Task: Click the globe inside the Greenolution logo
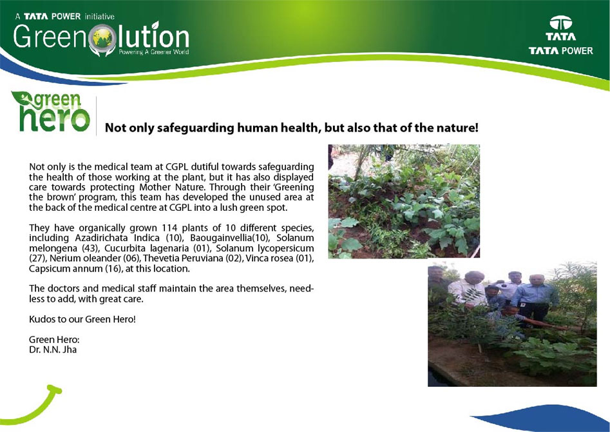pos(102,38)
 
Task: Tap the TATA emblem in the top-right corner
pos(560,23)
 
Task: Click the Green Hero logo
pos(51,112)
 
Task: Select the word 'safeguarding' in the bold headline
pos(195,128)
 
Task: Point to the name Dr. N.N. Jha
pos(53,349)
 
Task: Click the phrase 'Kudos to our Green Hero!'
pos(82,319)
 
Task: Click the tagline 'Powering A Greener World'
pos(154,52)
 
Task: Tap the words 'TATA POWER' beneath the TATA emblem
pos(560,51)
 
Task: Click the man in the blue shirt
pos(535,299)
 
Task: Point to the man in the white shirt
pos(469,290)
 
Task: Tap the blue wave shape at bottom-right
pos(545,418)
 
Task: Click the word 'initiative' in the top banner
pos(99,16)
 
